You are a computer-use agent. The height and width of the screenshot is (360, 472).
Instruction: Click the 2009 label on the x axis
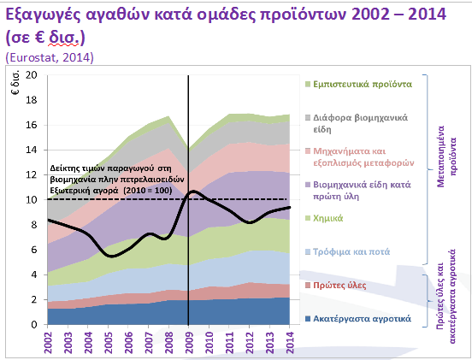tap(189, 343)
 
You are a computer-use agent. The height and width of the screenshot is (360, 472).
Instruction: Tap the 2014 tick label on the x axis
tap(290, 343)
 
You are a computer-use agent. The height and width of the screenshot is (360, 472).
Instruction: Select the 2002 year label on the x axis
tap(48, 343)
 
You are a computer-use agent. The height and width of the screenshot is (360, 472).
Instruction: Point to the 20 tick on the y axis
tap(32, 74)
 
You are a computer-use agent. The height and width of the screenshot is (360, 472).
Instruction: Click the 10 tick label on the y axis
tap(32, 199)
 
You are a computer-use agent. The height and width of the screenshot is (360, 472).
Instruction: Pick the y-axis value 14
tap(32, 150)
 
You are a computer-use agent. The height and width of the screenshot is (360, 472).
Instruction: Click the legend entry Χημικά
tap(327, 218)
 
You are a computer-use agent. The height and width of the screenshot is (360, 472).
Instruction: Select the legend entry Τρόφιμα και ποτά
tap(351, 251)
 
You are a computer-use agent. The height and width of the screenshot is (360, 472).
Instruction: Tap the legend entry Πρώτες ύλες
tap(339, 285)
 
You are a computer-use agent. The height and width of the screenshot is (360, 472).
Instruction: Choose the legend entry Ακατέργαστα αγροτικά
tap(362, 318)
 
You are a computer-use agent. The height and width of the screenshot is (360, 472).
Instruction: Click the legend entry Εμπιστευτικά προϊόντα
tap(363, 84)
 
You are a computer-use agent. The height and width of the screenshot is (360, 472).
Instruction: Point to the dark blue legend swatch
tap(308, 319)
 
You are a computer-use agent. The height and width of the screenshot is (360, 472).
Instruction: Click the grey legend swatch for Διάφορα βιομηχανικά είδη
tap(308, 118)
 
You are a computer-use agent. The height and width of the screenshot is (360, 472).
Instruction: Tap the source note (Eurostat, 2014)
tap(50, 57)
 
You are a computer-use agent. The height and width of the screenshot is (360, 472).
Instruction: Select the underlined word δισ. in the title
tap(63, 38)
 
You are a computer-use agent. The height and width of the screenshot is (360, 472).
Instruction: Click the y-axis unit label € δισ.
tap(15, 83)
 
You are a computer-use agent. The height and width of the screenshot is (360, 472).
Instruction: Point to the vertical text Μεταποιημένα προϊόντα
tap(447, 156)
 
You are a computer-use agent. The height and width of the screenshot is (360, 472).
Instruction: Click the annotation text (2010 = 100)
tap(148, 191)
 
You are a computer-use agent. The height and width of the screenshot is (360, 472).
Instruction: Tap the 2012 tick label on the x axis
tap(249, 343)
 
